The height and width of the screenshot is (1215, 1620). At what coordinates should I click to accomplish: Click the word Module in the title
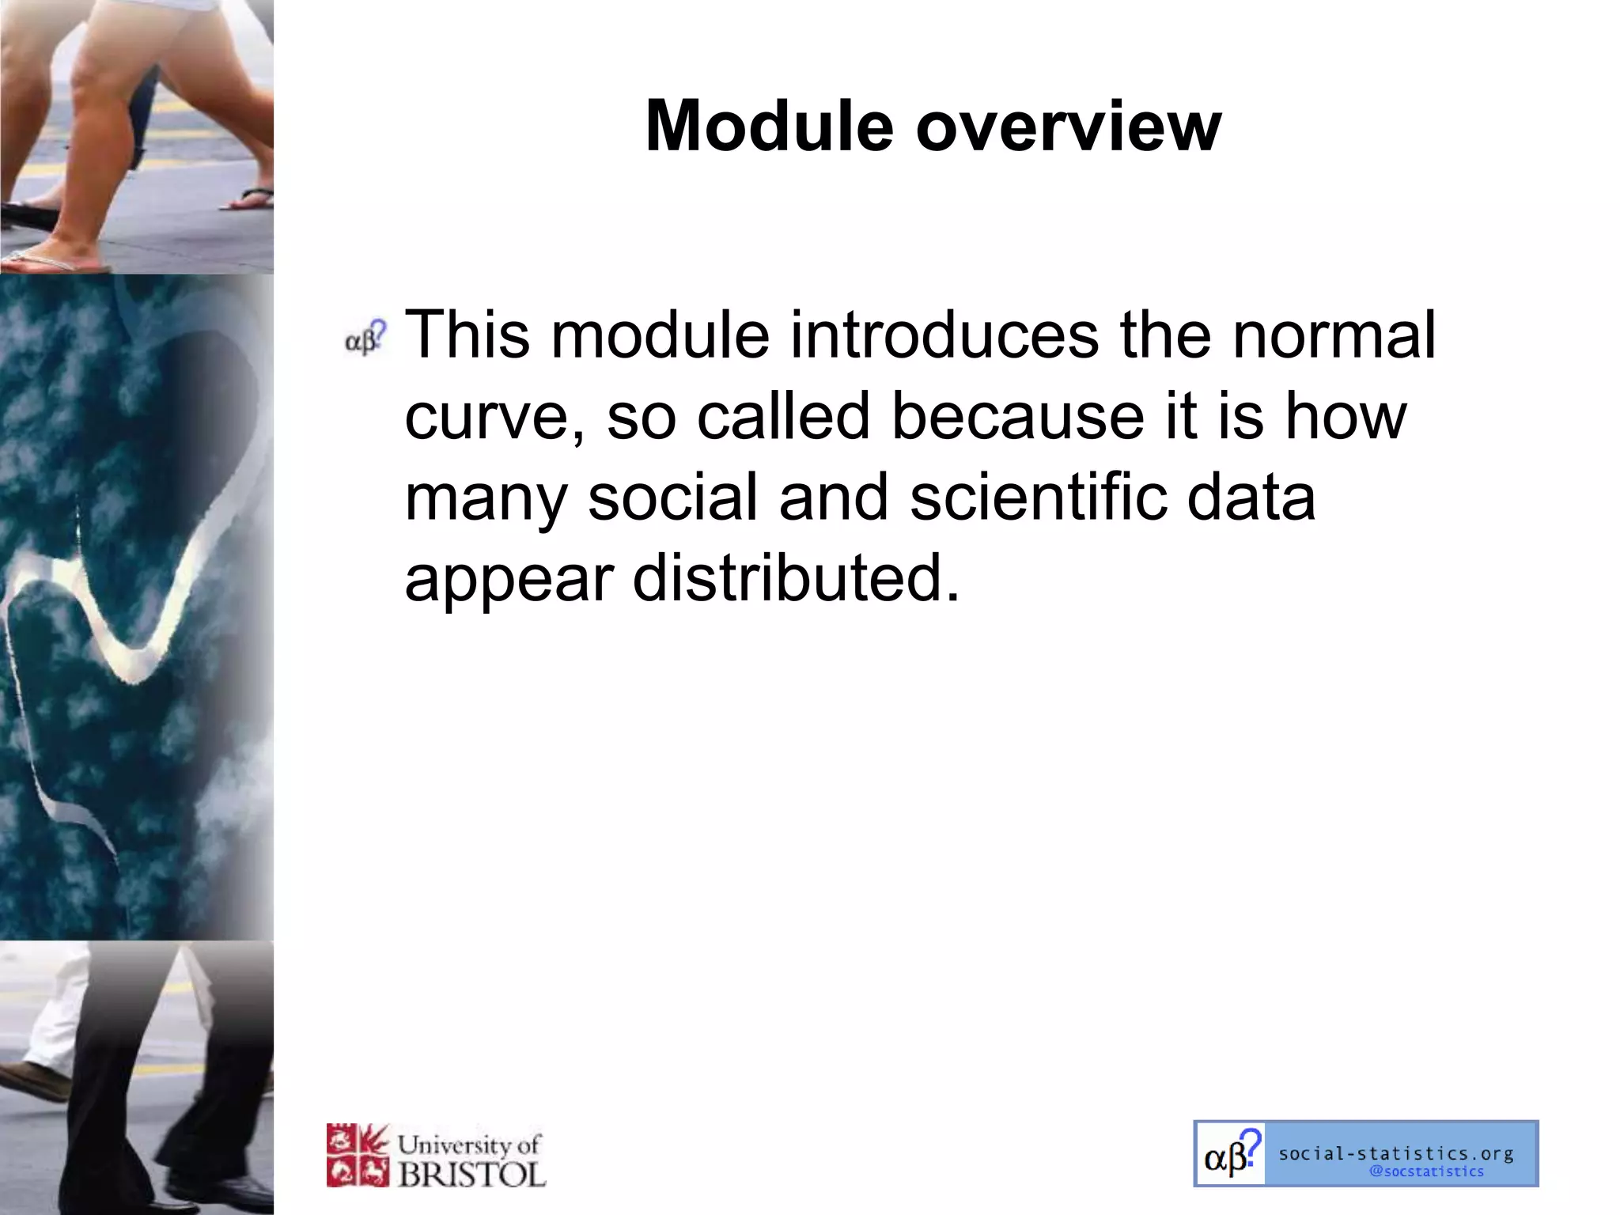(769, 127)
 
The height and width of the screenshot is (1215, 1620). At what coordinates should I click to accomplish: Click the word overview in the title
(1069, 127)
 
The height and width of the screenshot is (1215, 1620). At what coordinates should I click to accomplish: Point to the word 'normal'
(1334, 335)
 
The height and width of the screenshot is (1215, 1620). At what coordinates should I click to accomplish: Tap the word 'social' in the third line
(672, 497)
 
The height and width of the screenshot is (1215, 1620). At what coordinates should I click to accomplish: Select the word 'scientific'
(1038, 497)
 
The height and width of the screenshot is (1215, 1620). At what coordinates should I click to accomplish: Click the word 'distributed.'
(796, 577)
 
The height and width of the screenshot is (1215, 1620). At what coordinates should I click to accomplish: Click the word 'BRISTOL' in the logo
(471, 1174)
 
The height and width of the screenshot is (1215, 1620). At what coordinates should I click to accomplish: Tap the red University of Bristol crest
(358, 1156)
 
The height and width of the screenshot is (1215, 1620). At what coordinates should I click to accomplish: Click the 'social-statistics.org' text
(1396, 1153)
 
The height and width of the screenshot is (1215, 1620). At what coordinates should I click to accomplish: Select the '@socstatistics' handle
(1426, 1171)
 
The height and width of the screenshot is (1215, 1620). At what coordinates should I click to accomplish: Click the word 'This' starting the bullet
(467, 335)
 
